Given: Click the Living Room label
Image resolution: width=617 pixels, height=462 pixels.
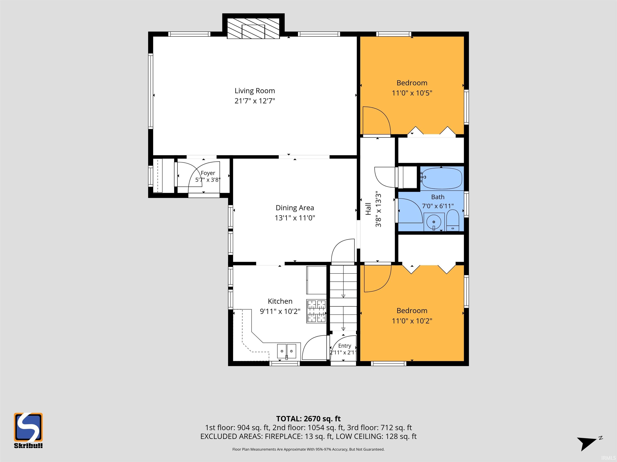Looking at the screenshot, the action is (255, 91).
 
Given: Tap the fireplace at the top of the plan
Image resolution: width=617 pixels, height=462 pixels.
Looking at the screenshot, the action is (253, 28).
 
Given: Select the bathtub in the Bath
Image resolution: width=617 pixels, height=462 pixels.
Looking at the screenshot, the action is (441, 178).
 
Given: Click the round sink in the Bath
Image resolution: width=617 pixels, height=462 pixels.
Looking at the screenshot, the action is (434, 222).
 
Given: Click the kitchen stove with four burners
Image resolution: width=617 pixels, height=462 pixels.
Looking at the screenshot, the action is (316, 311).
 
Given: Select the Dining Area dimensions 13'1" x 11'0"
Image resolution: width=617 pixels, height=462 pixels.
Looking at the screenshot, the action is (295, 218).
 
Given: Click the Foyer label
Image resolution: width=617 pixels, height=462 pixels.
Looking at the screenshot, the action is (208, 173).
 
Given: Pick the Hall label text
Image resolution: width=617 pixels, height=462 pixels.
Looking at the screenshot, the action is (368, 209).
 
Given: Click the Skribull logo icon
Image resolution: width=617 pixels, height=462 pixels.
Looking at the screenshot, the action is (28, 427).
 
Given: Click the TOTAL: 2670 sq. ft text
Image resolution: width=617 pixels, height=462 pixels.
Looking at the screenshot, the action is (308, 419).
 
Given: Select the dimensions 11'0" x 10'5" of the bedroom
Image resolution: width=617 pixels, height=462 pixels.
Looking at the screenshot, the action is (412, 93).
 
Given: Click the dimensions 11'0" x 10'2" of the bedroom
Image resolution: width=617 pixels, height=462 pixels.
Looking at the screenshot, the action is (412, 321).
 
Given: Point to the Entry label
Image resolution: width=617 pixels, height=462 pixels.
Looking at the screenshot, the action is (344, 345).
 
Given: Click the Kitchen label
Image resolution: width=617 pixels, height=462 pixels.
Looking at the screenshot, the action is (280, 301).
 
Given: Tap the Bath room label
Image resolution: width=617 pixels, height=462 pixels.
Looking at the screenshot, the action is (438, 197).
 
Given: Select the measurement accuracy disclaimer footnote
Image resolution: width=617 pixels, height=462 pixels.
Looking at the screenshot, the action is (308, 449).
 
